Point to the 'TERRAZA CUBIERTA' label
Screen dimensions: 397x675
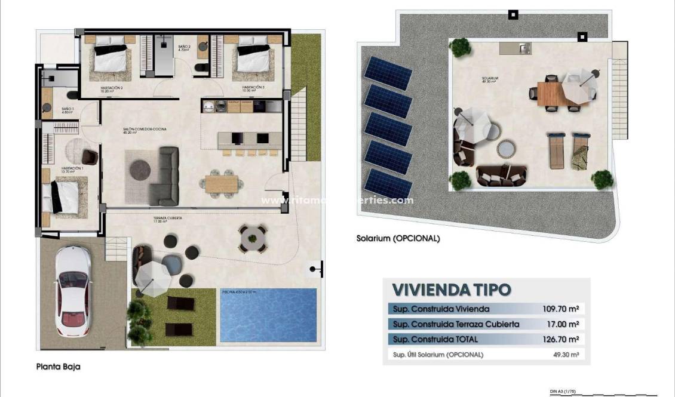pos(167,218)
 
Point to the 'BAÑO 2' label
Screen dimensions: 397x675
pos(184,47)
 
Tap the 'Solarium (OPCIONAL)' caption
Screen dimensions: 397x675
pos(398,238)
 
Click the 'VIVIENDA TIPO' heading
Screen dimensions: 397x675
pos(452,290)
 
